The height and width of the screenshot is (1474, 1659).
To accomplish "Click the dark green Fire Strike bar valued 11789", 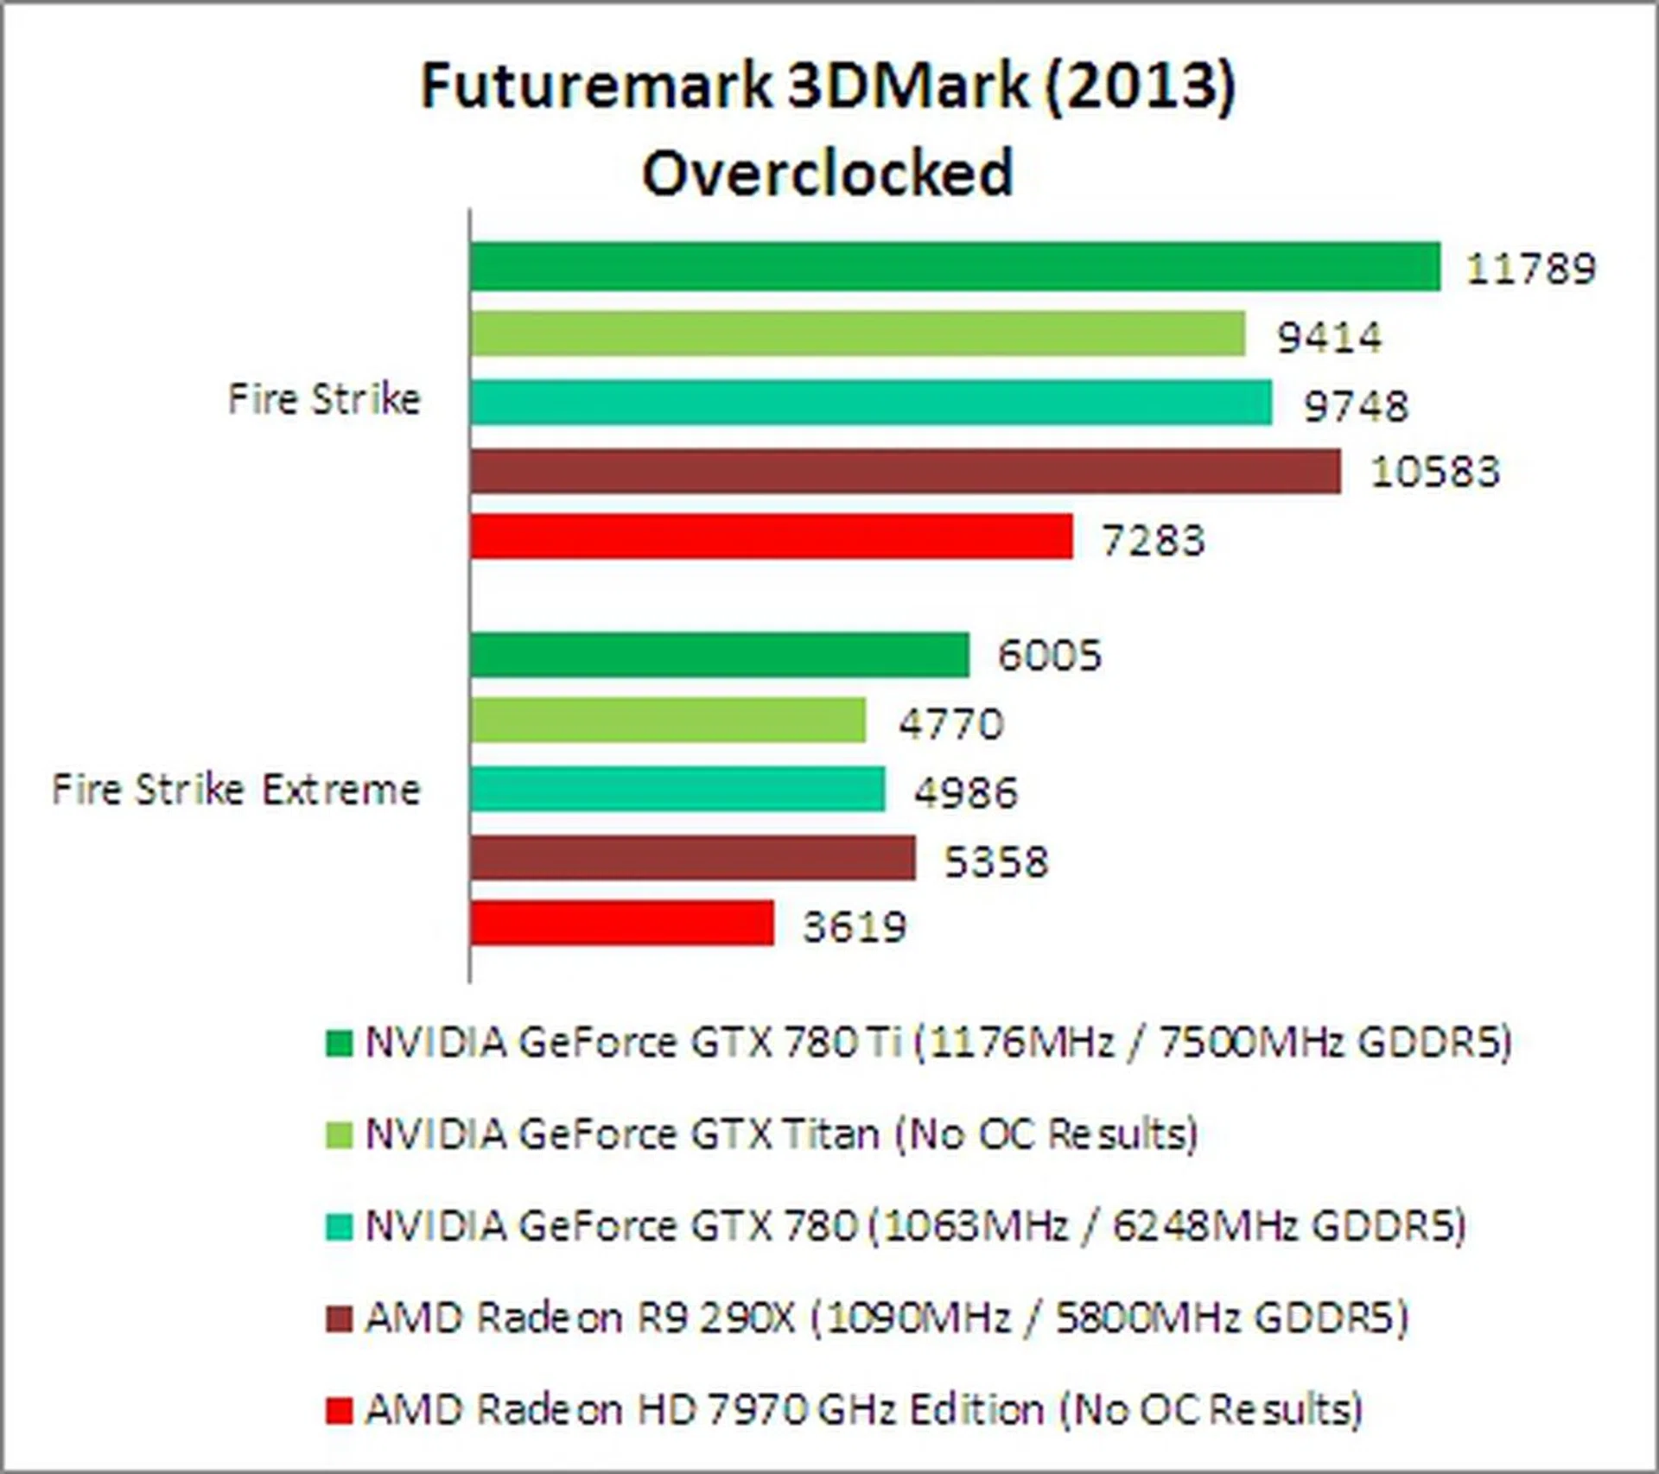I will [x=955, y=267].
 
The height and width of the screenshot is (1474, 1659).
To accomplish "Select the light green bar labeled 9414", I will [x=858, y=334].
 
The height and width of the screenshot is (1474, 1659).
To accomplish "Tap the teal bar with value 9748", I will [x=871, y=403].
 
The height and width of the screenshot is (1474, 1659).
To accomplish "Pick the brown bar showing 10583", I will [x=906, y=471].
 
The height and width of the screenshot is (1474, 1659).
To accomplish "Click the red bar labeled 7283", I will [x=772, y=537].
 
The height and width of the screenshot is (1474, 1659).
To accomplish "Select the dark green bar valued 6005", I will [x=720, y=655].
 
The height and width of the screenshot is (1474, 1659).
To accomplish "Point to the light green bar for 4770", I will [x=668, y=721].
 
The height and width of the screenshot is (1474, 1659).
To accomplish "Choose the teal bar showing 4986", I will [x=677, y=789].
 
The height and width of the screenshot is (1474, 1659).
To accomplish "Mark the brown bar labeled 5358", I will [x=693, y=858].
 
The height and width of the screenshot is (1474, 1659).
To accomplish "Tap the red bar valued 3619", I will [x=622, y=924].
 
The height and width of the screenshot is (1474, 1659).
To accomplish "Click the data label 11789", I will [x=1530, y=269].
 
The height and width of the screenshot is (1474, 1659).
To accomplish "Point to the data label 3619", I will [x=855, y=927].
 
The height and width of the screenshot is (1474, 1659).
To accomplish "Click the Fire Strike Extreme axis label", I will [x=236, y=790].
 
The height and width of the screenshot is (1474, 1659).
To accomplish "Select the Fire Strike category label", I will [x=324, y=400].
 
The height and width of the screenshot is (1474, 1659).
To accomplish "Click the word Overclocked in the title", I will [x=827, y=173].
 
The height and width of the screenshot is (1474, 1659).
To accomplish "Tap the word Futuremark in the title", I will [x=596, y=86].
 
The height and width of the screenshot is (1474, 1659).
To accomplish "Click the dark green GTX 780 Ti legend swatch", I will [x=339, y=1043].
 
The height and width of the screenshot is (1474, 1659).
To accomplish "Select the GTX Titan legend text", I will [x=781, y=1134].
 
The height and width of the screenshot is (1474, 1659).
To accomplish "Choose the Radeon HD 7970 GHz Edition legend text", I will [x=863, y=1410].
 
